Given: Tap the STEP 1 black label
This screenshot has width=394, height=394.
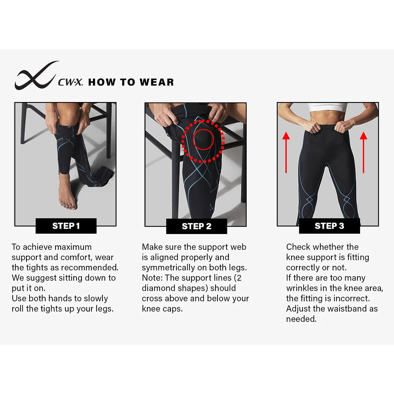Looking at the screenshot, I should point(66,226).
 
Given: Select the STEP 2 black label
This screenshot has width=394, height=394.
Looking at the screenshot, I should point(197,226).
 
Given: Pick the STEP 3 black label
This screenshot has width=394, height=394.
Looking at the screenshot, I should point(329,226).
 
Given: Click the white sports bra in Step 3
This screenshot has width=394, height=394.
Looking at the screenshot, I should point(327,107).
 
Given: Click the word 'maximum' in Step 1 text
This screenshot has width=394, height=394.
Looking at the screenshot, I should point(73,247).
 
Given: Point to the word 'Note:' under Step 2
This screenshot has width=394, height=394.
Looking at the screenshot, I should point(152,278).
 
